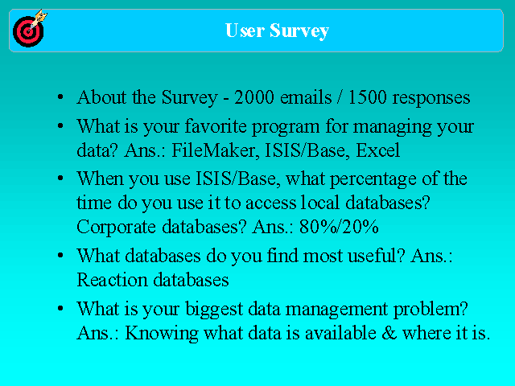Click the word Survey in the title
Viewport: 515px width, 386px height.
[x=299, y=31]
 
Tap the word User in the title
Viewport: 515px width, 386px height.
[x=245, y=31]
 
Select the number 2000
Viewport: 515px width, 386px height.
[x=254, y=97]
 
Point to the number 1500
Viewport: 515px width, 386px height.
[x=367, y=97]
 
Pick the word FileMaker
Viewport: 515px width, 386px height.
[x=214, y=150]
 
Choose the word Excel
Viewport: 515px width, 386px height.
[x=377, y=150]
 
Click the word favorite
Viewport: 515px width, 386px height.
[x=216, y=126]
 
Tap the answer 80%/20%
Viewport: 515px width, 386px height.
[x=339, y=227]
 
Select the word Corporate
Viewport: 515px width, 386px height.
[x=116, y=227]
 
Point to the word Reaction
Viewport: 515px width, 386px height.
[x=112, y=280]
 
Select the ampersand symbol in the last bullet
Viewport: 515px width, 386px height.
[x=389, y=333]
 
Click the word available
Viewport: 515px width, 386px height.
[x=340, y=333]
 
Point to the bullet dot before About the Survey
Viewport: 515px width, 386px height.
[x=60, y=97]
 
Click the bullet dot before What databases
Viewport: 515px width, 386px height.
[x=60, y=256]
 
